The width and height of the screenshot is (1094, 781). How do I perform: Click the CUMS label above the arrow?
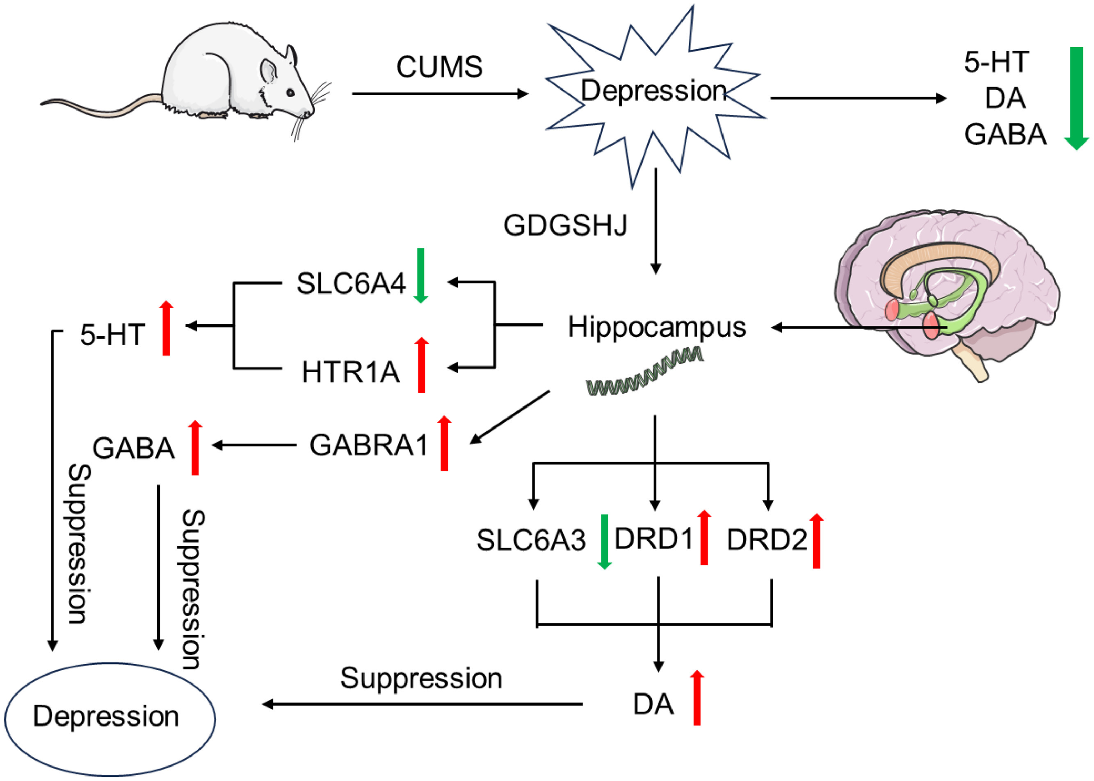[439, 67]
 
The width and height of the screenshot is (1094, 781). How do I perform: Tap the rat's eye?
[290, 92]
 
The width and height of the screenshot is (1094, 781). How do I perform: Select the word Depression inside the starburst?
[653, 91]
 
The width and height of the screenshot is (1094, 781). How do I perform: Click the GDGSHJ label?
[565, 225]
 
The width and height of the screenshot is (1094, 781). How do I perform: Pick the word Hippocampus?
[657, 328]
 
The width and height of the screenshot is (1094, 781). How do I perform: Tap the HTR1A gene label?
[351, 372]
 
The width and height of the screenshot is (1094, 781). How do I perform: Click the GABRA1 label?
[368, 445]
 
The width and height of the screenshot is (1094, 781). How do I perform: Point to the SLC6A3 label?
[531, 540]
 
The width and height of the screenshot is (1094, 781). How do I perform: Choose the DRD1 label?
[654, 539]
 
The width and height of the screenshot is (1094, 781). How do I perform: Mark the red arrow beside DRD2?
[816, 542]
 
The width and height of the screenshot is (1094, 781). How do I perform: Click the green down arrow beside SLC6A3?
[605, 542]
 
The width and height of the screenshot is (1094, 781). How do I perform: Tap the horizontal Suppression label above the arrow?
[421, 679]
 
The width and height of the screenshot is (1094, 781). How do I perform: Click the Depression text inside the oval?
[106, 716]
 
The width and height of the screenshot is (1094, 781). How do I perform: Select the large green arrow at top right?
[1076, 98]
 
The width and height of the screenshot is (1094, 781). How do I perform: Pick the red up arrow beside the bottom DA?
[697, 698]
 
